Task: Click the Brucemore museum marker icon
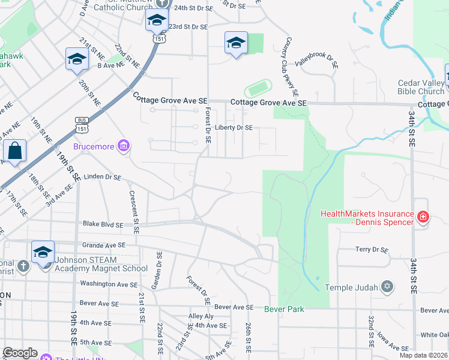tap(123, 146)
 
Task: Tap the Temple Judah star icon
tap(387, 287)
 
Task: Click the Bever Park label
tap(284, 309)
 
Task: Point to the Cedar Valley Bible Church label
tap(421, 88)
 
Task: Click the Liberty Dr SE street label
tap(234, 127)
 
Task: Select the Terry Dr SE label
tap(372, 250)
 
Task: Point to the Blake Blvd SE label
tap(103, 224)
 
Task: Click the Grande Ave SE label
tap(103, 245)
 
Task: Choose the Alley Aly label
tap(201, 316)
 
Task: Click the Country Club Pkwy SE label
tap(291, 67)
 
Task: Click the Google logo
tap(20, 353)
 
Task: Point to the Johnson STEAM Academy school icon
tap(43, 253)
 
